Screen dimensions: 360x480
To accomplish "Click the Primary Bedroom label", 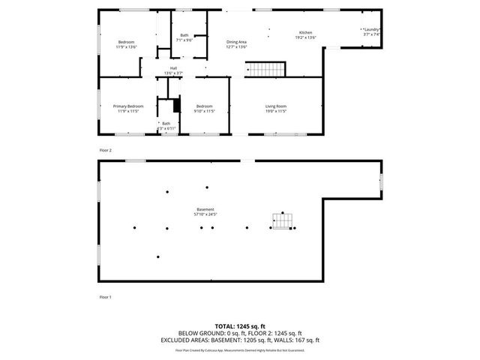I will pyautogui.click(x=127, y=106).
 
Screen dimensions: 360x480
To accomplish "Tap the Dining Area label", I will pyautogui.click(x=236, y=42).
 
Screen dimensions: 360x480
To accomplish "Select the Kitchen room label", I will pyautogui.click(x=305, y=33).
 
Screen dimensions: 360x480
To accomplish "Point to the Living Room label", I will pyautogui.click(x=276, y=106).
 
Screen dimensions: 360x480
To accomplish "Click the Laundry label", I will pyautogui.click(x=372, y=30).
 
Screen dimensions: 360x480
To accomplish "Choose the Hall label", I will pyautogui.click(x=173, y=68).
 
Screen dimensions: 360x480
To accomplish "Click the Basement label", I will pyautogui.click(x=205, y=209).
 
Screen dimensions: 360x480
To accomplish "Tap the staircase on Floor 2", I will pyautogui.click(x=265, y=70).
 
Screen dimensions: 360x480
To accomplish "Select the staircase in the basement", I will pyautogui.click(x=281, y=222).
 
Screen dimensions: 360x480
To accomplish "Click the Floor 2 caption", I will pyautogui.click(x=105, y=150).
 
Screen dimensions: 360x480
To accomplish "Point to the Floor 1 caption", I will pyautogui.click(x=105, y=297).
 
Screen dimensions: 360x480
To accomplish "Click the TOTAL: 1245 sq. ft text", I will pyautogui.click(x=239, y=326).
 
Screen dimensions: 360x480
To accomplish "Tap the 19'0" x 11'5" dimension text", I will pyautogui.click(x=276, y=111).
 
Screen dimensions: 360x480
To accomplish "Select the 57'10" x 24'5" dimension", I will pyautogui.click(x=205, y=214).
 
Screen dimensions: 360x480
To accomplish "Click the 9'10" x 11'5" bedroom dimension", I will pyautogui.click(x=204, y=111).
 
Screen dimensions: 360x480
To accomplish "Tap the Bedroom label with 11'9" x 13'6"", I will pyautogui.click(x=125, y=41).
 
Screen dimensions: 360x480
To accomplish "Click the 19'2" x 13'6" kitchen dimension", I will pyautogui.click(x=305, y=38).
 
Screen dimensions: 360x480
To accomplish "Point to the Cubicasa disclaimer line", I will pyautogui.click(x=239, y=349).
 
